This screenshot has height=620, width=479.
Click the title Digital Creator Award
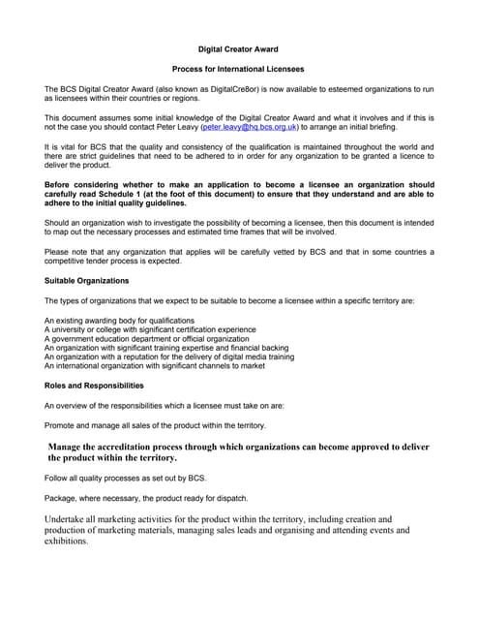(239, 46)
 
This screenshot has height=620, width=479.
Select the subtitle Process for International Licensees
(238, 70)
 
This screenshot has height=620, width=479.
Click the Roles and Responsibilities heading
(102, 386)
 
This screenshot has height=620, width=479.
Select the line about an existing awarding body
(119, 320)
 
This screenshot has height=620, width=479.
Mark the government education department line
(146, 339)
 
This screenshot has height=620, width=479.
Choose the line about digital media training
(169, 356)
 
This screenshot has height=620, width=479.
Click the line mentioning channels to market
(155, 366)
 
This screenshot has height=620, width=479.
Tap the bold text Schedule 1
(131, 195)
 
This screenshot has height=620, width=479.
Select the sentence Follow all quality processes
(126, 479)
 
